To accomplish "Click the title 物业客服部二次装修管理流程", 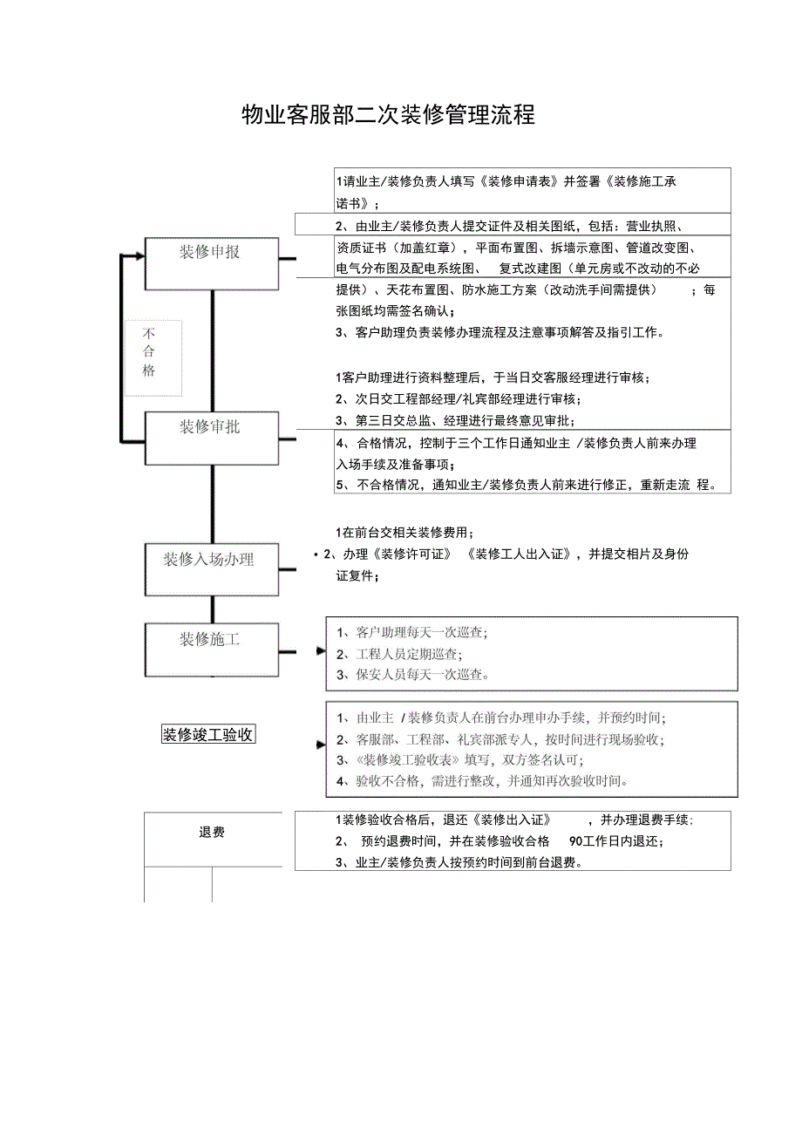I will (388, 115).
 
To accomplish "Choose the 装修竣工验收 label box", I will (208, 734).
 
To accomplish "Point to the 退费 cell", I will (212, 833).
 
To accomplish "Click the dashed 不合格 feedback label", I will (150, 352).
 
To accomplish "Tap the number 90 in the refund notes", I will (575, 842).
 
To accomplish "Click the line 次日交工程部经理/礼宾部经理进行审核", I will (458, 399).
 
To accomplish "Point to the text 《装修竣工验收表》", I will (399, 760).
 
